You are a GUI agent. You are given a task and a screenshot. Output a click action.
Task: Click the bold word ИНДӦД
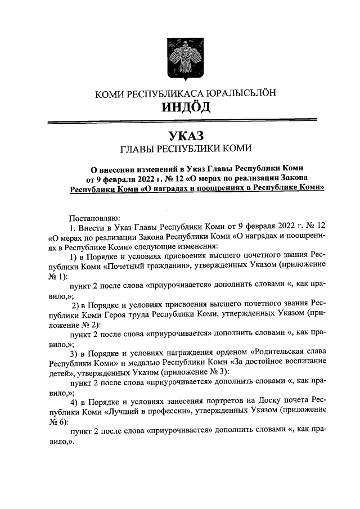[179, 106]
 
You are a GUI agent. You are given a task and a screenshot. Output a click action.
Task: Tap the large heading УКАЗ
[179, 136]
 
